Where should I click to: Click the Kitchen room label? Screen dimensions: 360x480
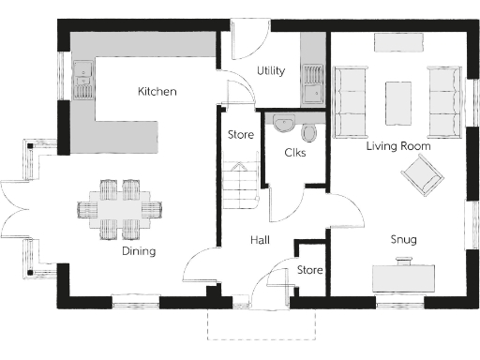157,91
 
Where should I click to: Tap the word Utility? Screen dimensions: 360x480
271,71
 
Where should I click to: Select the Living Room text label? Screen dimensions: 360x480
397,146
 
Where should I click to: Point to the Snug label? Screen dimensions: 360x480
404,240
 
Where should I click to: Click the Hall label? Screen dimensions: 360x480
260,241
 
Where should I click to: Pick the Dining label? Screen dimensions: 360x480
138,251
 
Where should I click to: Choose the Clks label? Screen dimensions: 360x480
294,152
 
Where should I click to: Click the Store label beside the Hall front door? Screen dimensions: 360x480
309,270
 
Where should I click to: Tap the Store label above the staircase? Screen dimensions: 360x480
241,135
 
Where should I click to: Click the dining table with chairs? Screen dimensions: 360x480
120,208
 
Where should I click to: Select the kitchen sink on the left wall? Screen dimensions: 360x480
82,79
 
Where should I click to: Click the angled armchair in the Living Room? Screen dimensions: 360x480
420,174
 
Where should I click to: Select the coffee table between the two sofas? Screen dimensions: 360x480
398,101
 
